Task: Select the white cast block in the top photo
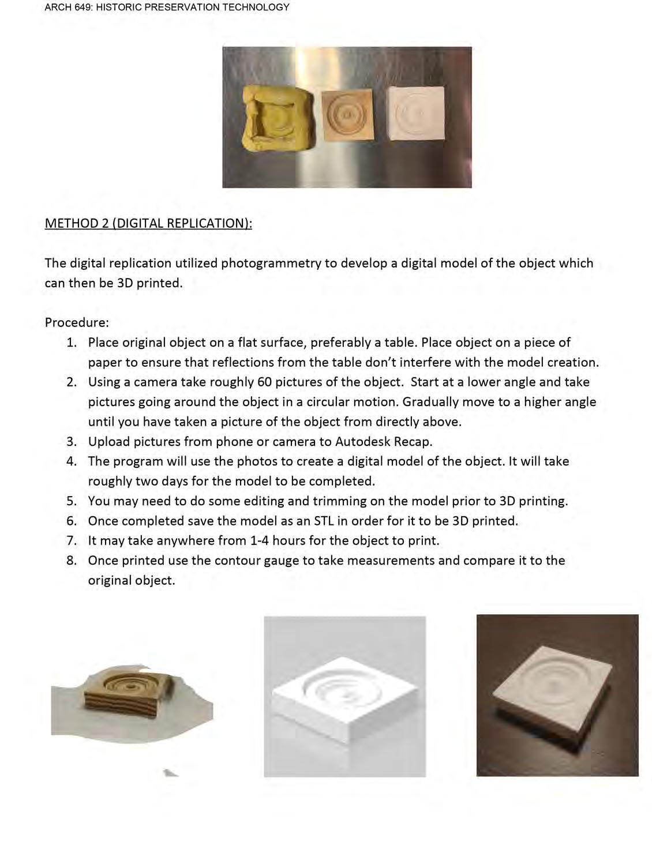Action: tap(417, 113)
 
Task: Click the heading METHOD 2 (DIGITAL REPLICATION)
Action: tap(148, 223)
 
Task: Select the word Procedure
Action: tap(77, 322)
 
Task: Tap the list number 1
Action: tap(71, 343)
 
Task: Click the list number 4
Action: tap(71, 461)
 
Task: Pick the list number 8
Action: tap(71, 561)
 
